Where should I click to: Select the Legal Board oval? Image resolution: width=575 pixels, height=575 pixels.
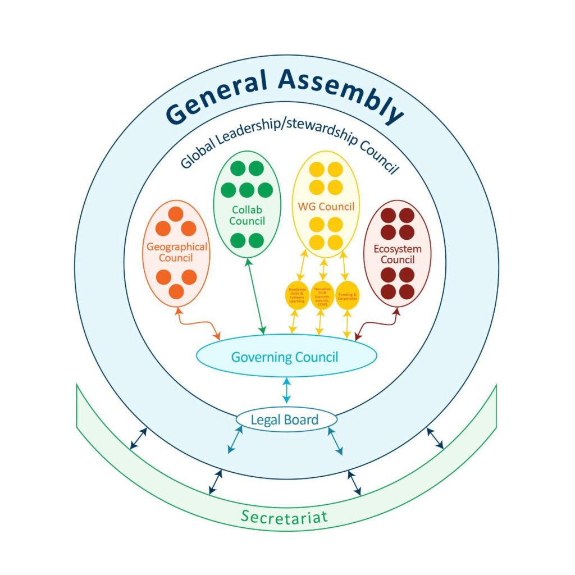pos(285,419)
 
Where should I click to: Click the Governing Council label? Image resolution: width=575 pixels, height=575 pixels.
pos(285,357)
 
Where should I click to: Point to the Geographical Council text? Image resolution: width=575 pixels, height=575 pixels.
pos(177,252)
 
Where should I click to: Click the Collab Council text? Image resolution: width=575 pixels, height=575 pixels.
pos(247,215)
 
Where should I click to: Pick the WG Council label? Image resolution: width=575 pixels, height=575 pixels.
pos(326,207)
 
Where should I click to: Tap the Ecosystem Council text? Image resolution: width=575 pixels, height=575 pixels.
pos(398,254)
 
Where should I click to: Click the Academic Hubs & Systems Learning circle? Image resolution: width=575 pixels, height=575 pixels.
pos(297,295)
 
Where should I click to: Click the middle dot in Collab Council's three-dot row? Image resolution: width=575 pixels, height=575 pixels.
pos(247,190)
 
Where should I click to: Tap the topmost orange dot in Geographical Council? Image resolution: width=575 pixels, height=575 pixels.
pos(176,214)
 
